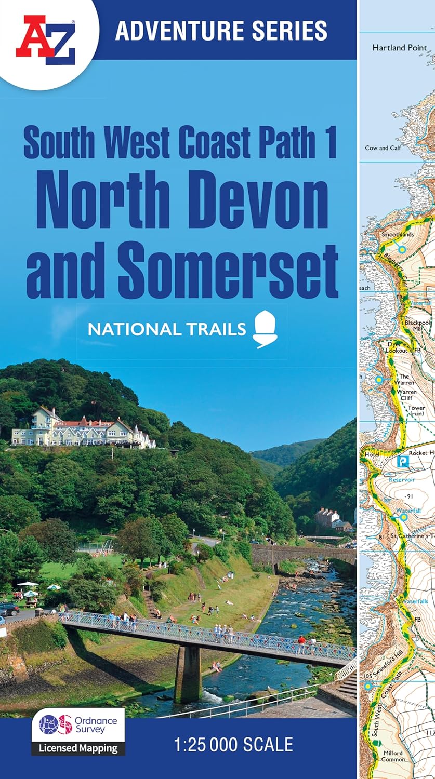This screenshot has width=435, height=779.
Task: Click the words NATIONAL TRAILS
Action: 166,329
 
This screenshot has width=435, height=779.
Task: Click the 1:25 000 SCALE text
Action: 233,745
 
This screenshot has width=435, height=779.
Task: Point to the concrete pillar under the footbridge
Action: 188,675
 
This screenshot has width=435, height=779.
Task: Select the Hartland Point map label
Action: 399,48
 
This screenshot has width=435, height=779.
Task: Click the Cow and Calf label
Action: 384,148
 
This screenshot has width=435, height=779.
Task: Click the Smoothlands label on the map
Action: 398,235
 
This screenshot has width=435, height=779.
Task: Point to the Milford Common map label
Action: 393,756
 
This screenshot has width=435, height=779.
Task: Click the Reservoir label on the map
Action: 402,480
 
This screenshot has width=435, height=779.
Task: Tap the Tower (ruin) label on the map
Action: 416,411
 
